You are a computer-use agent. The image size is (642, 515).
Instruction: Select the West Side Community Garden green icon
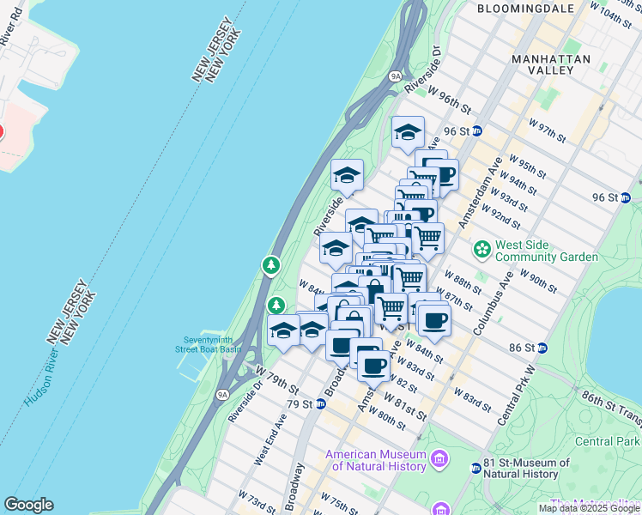(483, 250)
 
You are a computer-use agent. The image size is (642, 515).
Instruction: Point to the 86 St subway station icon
(543, 348)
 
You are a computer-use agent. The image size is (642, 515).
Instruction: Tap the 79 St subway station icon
(320, 403)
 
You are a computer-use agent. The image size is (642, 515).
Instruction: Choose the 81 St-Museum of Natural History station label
(528, 468)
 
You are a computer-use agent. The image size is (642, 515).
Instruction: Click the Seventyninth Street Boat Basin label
(208, 344)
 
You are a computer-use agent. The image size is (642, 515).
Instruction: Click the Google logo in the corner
(28, 505)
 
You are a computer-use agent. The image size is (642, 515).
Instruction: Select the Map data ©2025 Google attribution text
(590, 508)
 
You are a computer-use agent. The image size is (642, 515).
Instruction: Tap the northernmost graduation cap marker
(409, 132)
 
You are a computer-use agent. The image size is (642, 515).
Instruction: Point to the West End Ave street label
(270, 439)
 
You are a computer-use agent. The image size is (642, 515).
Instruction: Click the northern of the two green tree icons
(271, 265)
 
